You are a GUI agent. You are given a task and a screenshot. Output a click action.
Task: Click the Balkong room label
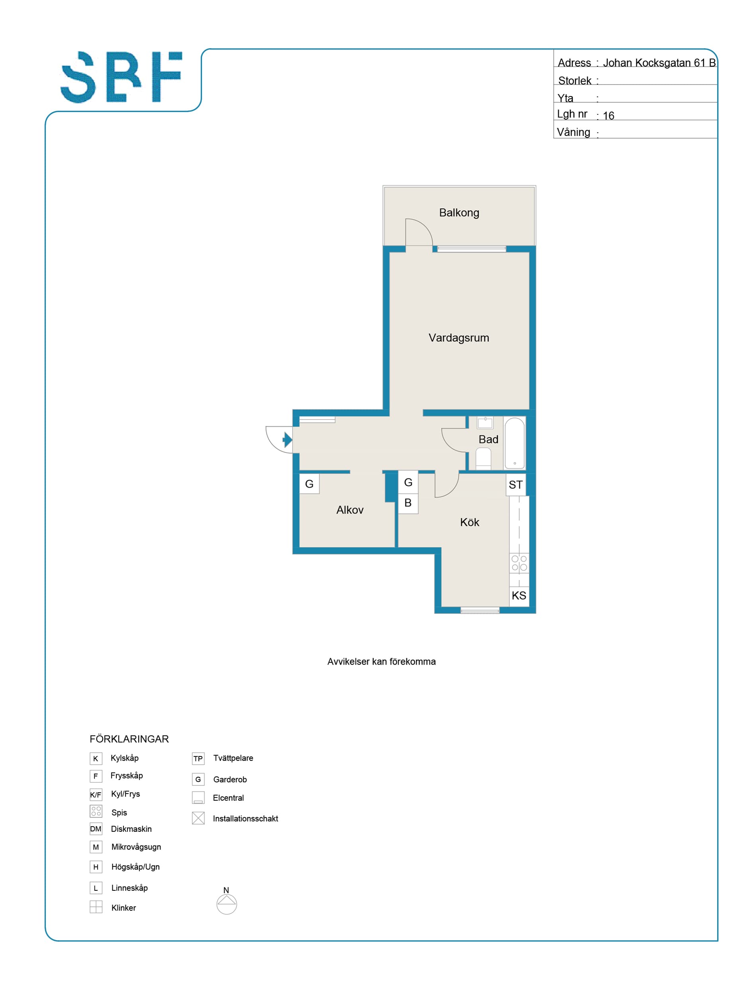tap(459, 213)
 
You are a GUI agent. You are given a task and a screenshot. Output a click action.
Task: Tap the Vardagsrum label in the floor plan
tap(458, 338)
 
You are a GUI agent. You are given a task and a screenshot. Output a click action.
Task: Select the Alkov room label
tap(350, 510)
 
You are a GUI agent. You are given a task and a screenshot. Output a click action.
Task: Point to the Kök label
tap(469, 522)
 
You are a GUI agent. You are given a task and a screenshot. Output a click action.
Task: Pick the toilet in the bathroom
tap(483, 459)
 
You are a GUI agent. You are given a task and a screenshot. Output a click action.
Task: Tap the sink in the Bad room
tap(485, 423)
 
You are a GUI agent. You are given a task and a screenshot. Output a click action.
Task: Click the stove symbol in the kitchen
tap(519, 563)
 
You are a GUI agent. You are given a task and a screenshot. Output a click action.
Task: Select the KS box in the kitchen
tap(519, 596)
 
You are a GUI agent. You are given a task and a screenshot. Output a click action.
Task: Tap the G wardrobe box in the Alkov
tap(309, 484)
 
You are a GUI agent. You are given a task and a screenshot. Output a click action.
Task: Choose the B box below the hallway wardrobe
tap(408, 503)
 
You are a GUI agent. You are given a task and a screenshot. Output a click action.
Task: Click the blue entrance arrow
tap(287, 439)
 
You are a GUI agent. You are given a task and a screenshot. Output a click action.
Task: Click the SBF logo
tap(121, 77)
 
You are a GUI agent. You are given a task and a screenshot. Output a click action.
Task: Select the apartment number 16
tap(608, 116)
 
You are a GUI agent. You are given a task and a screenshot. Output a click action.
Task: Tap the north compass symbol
tap(227, 904)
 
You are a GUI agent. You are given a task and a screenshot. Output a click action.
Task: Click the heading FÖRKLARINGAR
tap(129, 739)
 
